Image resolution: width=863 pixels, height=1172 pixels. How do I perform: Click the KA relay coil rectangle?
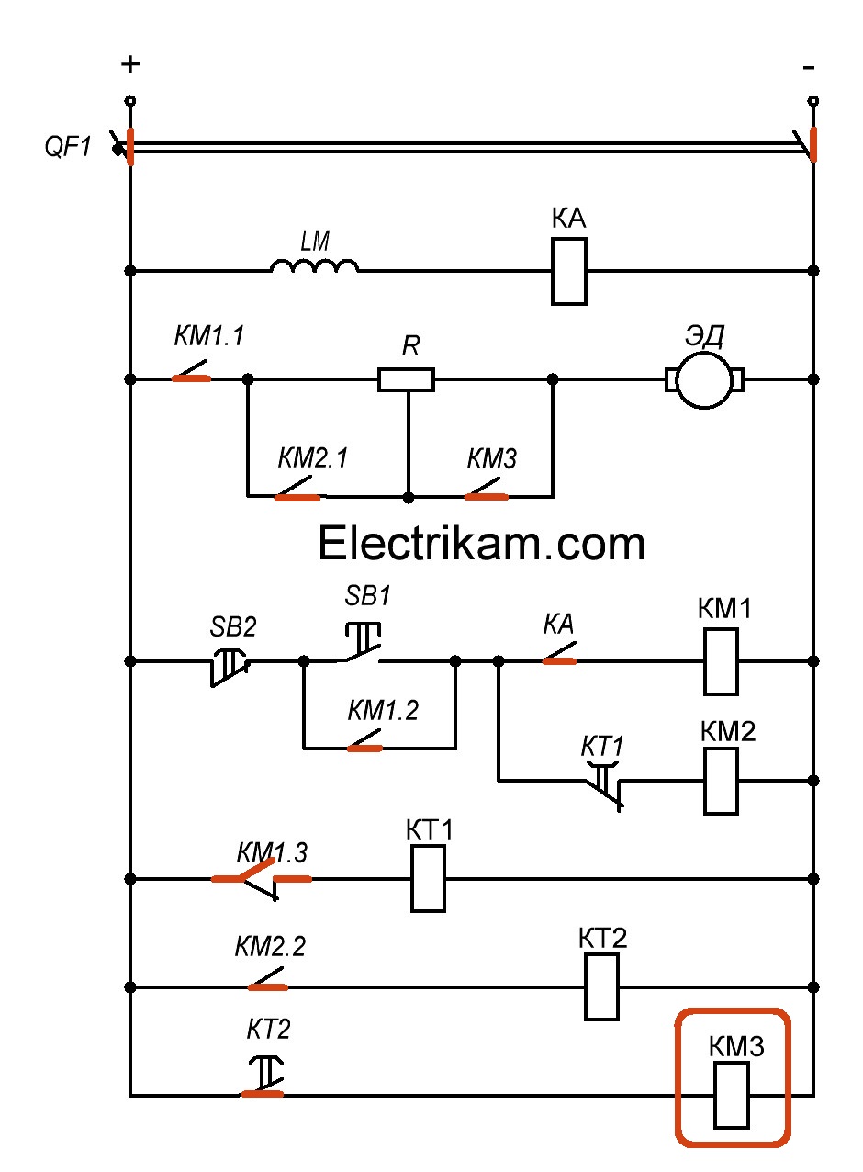pyautogui.click(x=569, y=271)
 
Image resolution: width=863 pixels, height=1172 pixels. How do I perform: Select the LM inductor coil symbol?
pyautogui.click(x=314, y=266)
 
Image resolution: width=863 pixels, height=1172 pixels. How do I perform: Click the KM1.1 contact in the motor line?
pyautogui.click(x=192, y=375)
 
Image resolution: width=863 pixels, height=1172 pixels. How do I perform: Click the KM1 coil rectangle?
pyautogui.click(x=721, y=661)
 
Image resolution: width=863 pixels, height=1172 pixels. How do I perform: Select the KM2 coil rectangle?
pyautogui.click(x=721, y=781)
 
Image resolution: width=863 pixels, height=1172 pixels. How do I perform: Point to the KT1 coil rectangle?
pyautogui.click(x=428, y=879)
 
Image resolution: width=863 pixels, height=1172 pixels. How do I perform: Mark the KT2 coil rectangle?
pyautogui.click(x=602, y=987)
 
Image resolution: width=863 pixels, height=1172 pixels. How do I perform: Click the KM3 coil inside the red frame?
pyautogui.click(x=732, y=1095)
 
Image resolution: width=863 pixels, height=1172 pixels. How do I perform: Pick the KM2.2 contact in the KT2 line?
pyautogui.click(x=267, y=984)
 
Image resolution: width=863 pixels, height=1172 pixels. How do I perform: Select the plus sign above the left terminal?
pyautogui.click(x=131, y=64)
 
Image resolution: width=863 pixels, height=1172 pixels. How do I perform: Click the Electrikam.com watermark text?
pyautogui.click(x=481, y=544)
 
